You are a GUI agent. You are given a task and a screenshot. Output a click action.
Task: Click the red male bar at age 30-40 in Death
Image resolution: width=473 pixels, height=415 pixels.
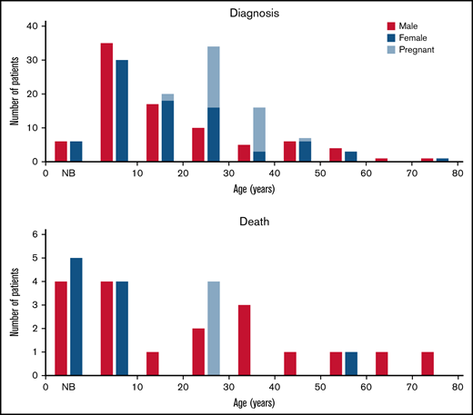(244, 340)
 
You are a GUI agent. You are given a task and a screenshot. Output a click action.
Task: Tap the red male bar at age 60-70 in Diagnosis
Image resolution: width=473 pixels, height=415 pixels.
(381, 160)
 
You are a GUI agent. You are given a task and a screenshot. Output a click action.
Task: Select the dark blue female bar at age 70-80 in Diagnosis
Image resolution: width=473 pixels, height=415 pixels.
(442, 160)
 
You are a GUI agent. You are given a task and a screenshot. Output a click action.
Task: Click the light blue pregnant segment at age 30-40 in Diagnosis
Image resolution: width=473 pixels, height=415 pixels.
(259, 129)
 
